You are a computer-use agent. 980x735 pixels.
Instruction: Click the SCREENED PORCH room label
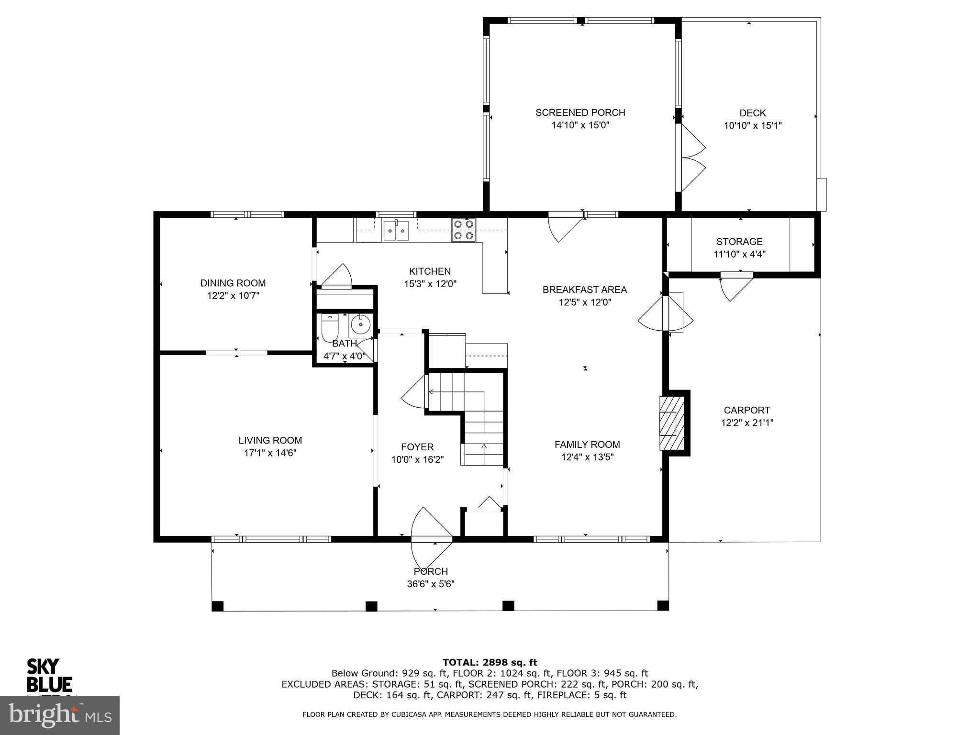tap(580, 112)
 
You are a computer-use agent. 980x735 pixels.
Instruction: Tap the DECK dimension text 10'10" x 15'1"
tap(753, 126)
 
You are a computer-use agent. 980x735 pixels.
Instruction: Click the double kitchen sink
tap(396, 230)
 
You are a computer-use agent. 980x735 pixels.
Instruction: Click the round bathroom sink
tap(360, 325)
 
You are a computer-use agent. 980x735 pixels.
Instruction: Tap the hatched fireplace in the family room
tap(669, 423)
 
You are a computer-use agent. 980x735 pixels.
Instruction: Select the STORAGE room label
tap(739, 242)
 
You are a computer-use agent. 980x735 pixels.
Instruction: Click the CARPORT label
tap(746, 410)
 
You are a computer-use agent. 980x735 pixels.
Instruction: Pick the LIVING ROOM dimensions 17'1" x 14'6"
tap(270, 453)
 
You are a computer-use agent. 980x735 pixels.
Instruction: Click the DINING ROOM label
tap(233, 283)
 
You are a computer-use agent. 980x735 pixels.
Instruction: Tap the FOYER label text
tap(417, 447)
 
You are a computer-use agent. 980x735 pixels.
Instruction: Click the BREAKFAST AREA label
tap(584, 290)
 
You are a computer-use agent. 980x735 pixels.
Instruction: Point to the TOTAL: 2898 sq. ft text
tap(490, 662)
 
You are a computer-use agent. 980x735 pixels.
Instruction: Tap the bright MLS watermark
tap(60, 715)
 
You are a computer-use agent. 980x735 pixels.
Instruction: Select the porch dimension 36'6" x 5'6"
tap(431, 584)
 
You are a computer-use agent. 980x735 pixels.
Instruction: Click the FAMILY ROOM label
tap(587, 445)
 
